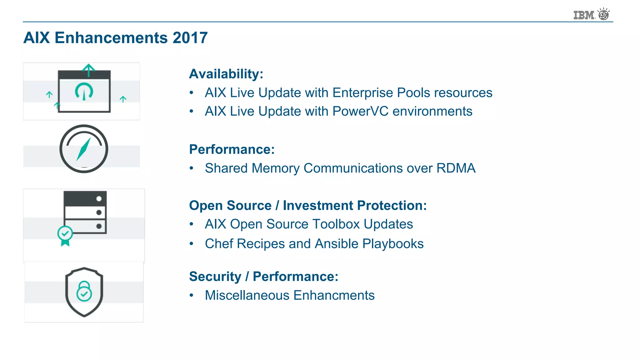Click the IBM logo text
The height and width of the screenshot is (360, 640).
coord(584,15)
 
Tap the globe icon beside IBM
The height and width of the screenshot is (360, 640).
coord(604,14)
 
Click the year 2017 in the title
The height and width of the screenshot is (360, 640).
coord(190,38)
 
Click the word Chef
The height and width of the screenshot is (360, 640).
coord(219,244)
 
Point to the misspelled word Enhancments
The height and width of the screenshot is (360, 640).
coord(334,295)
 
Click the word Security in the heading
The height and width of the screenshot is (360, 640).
coord(215,277)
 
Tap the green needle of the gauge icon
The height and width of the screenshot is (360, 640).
coord(83,149)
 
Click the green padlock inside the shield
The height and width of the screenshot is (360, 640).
coord(84,291)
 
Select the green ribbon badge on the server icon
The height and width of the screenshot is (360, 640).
coord(65,236)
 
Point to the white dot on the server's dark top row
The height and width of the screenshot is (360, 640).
coord(99,199)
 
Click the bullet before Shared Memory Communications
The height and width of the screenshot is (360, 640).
coord(192,168)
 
